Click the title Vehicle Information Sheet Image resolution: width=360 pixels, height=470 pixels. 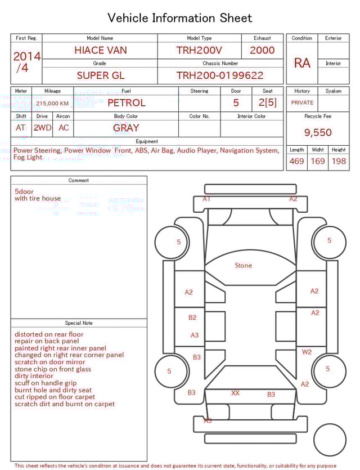click(x=180, y=18)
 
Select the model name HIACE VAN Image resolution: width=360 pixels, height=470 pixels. click(x=101, y=50)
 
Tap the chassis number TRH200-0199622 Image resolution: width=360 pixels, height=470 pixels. click(x=220, y=75)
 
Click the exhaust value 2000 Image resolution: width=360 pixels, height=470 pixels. click(x=262, y=50)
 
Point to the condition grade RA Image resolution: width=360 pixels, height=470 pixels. click(x=302, y=63)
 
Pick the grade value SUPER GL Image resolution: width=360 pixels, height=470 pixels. click(x=101, y=75)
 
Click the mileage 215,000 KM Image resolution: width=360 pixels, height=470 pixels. click(x=52, y=104)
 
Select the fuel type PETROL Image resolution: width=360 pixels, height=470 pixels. click(x=127, y=103)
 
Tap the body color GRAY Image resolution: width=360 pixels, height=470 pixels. click(x=126, y=128)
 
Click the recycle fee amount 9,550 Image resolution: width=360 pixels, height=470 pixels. click(x=318, y=133)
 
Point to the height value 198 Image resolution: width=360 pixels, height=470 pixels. click(x=339, y=162)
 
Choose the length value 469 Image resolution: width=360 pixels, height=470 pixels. click(x=296, y=162)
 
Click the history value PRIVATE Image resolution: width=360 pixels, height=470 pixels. click(x=302, y=103)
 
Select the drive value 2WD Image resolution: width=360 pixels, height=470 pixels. click(x=42, y=128)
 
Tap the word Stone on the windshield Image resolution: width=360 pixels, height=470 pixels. click(x=244, y=265)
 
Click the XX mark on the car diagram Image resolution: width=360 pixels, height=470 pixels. click(x=235, y=393)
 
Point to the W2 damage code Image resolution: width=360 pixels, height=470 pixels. click(x=307, y=352)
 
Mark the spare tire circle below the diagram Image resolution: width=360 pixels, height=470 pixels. click(x=330, y=440)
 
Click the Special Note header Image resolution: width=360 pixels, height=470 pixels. click(x=79, y=323)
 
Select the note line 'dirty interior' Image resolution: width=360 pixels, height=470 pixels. click(x=34, y=376)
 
